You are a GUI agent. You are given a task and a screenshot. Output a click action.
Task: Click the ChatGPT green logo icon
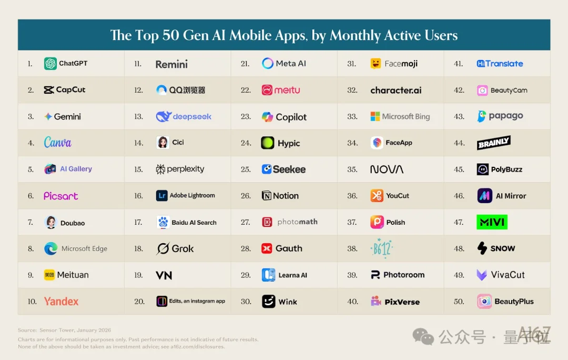click(x=50, y=64)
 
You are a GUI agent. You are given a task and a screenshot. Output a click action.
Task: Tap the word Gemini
click(x=67, y=117)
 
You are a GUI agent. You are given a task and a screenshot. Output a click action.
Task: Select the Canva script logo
click(x=57, y=143)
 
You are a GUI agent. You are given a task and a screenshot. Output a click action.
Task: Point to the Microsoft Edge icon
click(x=51, y=249)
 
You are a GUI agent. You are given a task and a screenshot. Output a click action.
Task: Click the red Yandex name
click(x=61, y=302)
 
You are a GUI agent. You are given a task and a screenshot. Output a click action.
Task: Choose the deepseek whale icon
click(x=164, y=117)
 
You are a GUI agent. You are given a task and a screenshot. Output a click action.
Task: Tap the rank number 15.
click(x=138, y=169)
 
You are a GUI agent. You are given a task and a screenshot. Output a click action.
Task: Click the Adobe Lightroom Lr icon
click(x=162, y=196)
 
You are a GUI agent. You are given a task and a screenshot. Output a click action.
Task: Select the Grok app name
click(x=182, y=249)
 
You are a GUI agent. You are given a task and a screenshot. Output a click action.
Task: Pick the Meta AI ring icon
click(x=268, y=64)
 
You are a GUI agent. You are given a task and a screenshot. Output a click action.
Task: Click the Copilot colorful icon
click(x=268, y=117)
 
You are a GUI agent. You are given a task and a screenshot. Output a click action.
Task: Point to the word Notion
click(x=286, y=196)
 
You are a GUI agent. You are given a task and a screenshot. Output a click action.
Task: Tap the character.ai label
click(x=395, y=91)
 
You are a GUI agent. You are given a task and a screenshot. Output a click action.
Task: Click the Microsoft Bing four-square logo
click(x=375, y=117)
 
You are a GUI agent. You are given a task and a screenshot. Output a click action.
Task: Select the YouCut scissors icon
click(x=377, y=196)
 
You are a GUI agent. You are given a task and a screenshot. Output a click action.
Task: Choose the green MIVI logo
click(x=492, y=222)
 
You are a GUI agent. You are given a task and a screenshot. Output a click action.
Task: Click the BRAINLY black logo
click(x=493, y=143)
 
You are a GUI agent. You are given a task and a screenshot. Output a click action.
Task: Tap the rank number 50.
click(x=459, y=302)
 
